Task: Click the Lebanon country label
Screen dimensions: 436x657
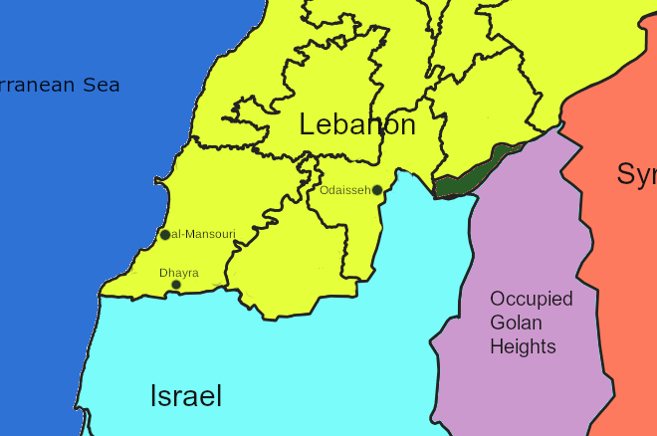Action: coord(357,125)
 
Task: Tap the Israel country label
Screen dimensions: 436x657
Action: coord(186,396)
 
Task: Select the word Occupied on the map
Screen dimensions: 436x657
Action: coord(532,299)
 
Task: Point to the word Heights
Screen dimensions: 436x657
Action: coord(523,346)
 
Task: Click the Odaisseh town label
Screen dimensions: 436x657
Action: coord(345,189)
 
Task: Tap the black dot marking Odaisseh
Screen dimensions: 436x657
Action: coord(377,190)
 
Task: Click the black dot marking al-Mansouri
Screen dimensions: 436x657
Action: coord(165,235)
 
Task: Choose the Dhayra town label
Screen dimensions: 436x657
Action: coord(179,272)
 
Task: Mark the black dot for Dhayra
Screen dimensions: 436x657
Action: coord(176,285)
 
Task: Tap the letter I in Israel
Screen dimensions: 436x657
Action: coord(153,396)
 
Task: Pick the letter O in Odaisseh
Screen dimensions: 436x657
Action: coord(325,189)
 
